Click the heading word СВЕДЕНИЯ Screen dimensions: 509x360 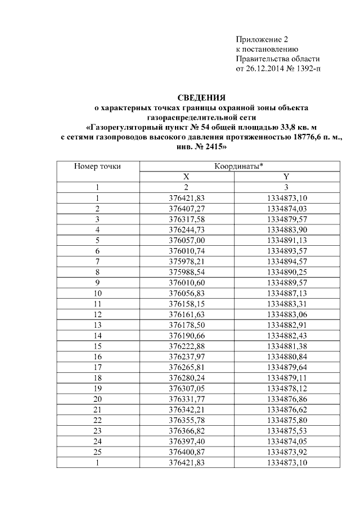tap(201, 98)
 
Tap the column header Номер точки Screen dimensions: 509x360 tap(97, 166)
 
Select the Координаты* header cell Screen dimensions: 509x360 tap(239, 166)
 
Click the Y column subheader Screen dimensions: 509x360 tap(286, 177)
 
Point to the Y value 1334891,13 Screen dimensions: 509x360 tap(286, 239)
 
